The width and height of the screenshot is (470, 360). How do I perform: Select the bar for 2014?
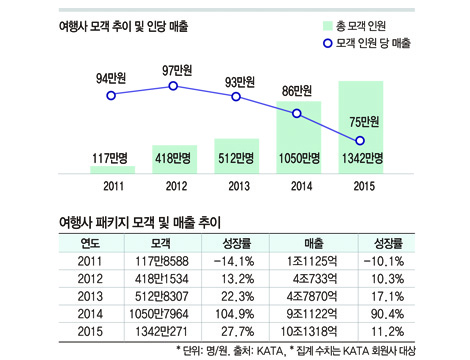click(297, 136)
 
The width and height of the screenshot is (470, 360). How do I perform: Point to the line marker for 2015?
click(361, 140)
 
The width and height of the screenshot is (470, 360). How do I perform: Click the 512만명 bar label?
click(236, 158)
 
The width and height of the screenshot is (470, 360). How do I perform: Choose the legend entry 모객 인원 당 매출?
click(381, 44)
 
